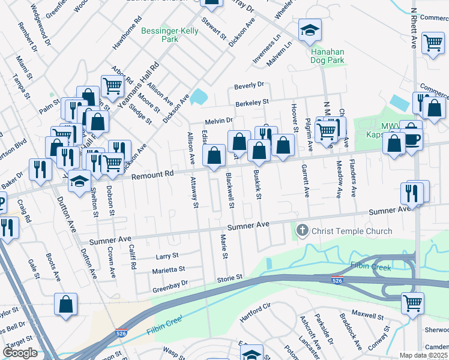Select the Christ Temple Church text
tap(352, 231)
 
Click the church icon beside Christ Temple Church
tap(303, 230)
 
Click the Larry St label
tap(167, 256)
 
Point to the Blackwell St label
tap(230, 191)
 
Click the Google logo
tap(20, 353)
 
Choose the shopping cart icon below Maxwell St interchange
tap(412, 303)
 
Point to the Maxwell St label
tap(367, 315)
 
